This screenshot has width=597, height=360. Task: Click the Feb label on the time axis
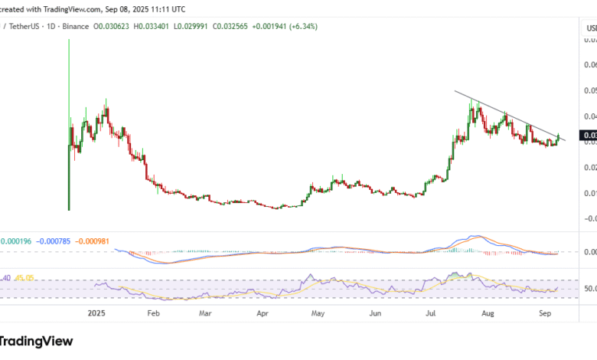pos(153,313)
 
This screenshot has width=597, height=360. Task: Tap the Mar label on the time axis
pos(204,313)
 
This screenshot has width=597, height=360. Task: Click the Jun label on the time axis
pos(375,313)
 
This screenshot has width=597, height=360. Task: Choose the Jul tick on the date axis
pos(431,313)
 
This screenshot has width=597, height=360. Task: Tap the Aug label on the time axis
pos(488,313)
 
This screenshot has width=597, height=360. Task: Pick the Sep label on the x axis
pos(543,313)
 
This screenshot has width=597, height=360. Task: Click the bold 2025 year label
pos(97,313)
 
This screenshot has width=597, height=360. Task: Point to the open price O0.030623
pos(116,26)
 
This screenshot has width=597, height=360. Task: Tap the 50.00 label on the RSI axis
pos(589,289)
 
